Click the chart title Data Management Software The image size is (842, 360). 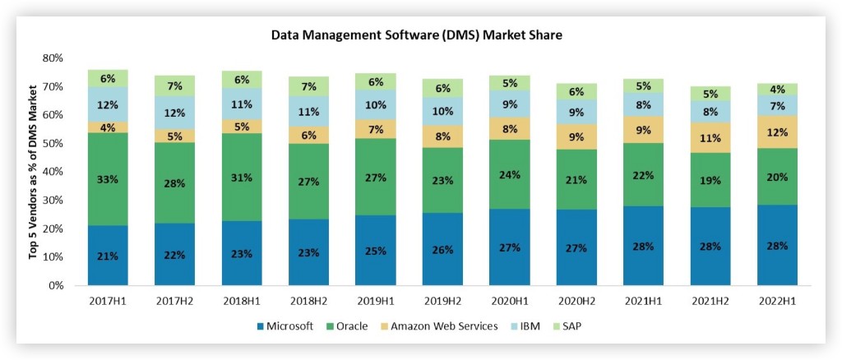tap(421, 35)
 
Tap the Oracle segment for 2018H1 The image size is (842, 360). tap(243, 177)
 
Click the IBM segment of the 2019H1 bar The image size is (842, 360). tap(376, 104)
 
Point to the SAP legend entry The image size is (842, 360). tap(576, 326)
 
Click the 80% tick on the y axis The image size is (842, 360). tap(53, 58)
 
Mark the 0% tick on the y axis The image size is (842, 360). tap(55, 286)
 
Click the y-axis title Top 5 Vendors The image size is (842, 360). tap(34, 173)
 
